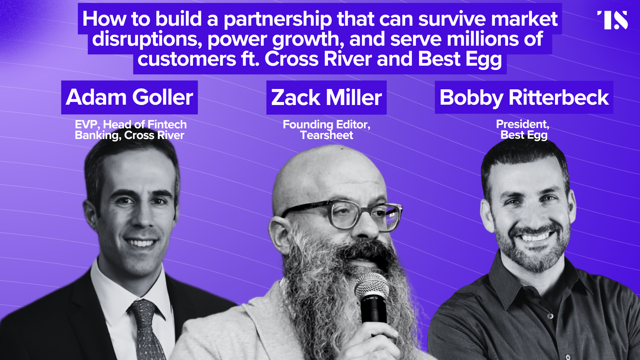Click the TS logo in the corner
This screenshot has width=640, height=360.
613,20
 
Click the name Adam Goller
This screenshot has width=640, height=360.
129,97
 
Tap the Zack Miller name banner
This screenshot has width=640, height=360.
326,98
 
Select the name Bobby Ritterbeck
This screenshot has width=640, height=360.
524,98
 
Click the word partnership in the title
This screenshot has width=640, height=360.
277,19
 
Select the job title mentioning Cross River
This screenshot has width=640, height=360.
130,130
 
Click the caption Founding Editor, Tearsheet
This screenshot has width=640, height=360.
326,130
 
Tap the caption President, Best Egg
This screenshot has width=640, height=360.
523,129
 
